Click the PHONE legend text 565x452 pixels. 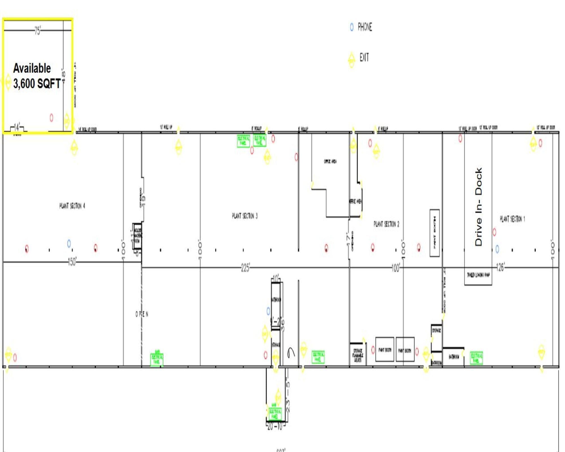pos(365,27)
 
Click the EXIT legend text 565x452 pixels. pos(364,58)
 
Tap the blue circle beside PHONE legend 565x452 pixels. pos(352,27)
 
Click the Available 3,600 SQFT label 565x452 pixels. pos(37,76)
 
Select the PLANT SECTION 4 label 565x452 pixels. pos(72,206)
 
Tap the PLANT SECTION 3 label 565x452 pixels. pos(245,216)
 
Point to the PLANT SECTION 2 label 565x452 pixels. pos(386,224)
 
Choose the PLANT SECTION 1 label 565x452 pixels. pos(512,219)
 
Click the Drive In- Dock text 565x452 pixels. pos(479,207)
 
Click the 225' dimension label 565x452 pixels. pos(245,268)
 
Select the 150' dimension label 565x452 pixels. pos(72,262)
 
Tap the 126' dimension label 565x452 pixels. pos(500,268)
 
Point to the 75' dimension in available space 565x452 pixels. pos(37,31)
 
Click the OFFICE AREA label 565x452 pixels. pos(330,162)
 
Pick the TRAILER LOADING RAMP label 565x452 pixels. pos(478,275)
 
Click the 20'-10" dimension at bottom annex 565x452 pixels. pos(275,427)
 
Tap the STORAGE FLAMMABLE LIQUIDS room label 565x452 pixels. pos(358,355)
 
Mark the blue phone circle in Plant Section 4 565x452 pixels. pos(69,244)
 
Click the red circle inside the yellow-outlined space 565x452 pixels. pos(51,118)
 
